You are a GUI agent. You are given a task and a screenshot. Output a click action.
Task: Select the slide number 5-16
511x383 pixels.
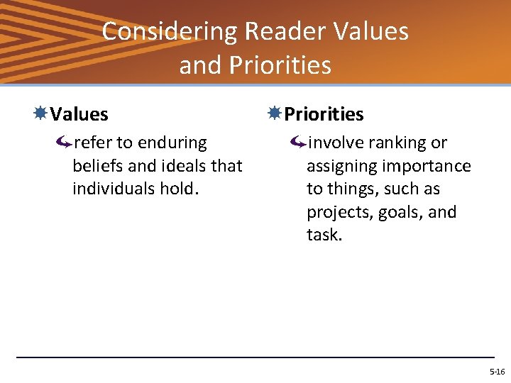[497, 372]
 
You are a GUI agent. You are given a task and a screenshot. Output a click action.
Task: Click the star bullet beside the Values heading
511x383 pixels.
[41, 113]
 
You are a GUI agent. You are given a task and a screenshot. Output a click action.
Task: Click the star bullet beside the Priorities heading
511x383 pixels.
[275, 113]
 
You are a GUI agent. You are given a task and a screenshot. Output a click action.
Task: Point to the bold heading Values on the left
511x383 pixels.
[79, 114]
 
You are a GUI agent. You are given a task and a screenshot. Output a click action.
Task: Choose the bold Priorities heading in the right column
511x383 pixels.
[324, 114]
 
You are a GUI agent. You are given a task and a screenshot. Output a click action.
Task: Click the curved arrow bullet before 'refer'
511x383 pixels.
[64, 143]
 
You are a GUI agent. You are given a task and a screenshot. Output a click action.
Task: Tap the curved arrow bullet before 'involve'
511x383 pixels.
[298, 143]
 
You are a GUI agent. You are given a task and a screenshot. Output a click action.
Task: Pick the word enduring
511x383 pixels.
[172, 143]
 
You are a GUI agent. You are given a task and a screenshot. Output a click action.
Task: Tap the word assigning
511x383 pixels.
[339, 167]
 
